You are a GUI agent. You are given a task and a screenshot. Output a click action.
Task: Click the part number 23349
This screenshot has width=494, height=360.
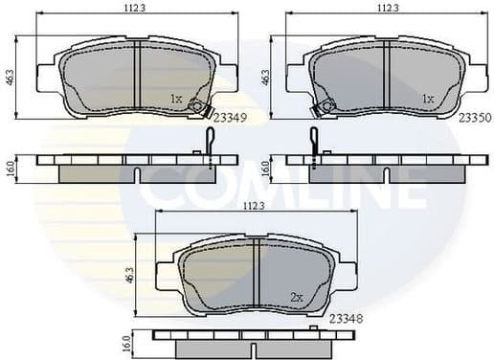coord(230,118)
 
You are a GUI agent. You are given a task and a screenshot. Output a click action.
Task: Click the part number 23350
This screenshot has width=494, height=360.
coord(475,118)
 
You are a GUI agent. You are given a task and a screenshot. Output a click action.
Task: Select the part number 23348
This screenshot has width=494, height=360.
coord(346,317)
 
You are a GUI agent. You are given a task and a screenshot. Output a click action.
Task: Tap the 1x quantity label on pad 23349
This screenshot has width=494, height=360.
coord(175,99)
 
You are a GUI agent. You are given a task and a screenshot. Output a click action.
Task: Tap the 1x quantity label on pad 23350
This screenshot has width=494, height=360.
coord(428,99)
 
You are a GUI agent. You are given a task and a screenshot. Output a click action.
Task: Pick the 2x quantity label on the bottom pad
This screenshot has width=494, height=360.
coord(298,298)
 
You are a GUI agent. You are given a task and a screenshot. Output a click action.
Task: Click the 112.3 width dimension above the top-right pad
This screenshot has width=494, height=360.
coord(387,8)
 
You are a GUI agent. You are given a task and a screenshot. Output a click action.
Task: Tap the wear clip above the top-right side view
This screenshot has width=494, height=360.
coord(314,140)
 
